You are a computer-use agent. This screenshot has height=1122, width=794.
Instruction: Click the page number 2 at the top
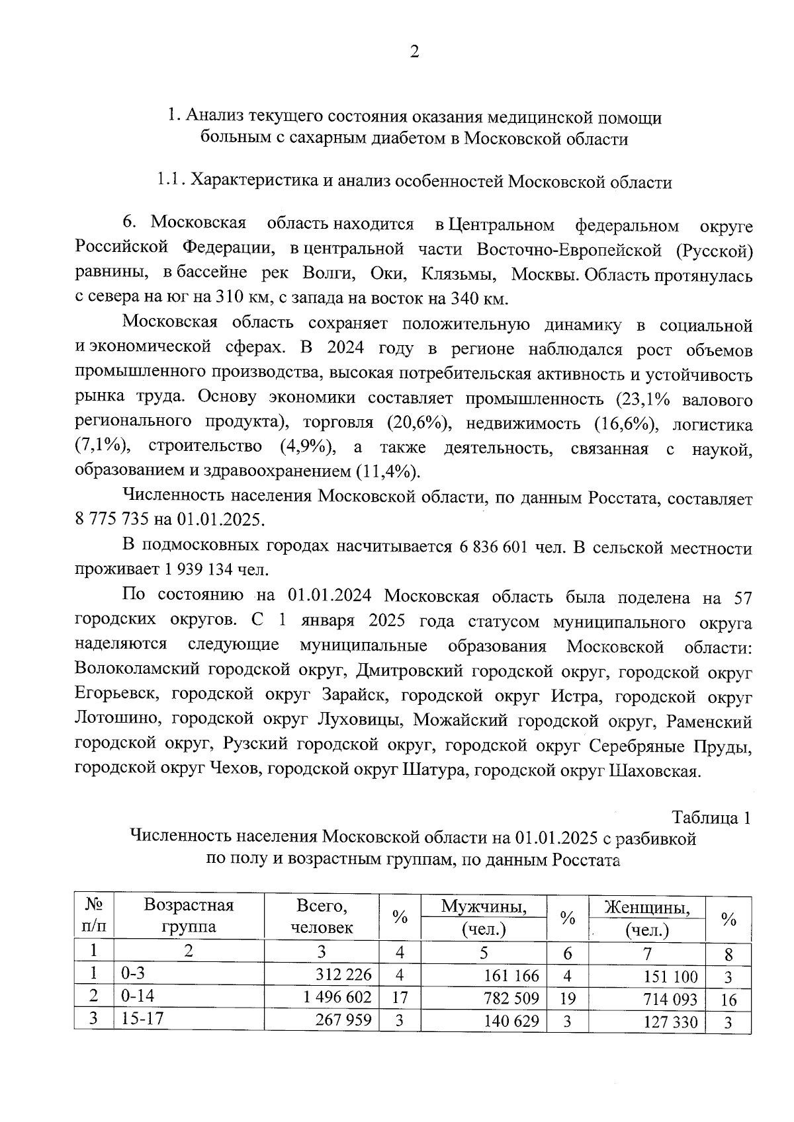(x=414, y=52)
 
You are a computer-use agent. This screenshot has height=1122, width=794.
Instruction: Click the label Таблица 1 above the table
(x=711, y=818)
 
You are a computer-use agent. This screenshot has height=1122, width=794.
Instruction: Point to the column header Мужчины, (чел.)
(x=484, y=918)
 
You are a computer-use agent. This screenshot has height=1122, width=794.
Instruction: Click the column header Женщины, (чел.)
(x=647, y=918)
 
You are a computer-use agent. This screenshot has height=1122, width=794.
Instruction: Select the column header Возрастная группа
(x=189, y=916)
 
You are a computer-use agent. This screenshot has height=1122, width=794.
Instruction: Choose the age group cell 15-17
(x=142, y=1019)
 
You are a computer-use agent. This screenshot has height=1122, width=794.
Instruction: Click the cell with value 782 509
(x=511, y=998)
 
